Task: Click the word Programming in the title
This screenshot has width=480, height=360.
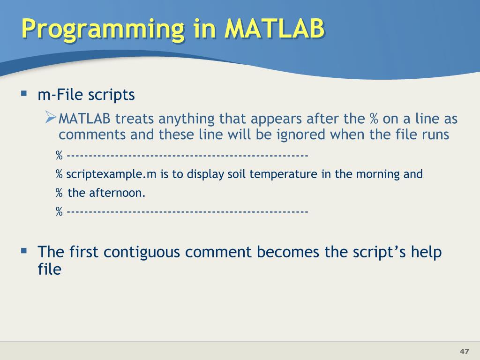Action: tap(103, 29)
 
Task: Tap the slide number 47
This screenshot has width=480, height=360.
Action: tap(464, 351)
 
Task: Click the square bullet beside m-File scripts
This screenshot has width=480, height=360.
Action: tap(24, 93)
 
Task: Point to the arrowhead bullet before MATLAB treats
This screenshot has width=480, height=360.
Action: tap(51, 117)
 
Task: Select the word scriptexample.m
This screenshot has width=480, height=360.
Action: tap(111, 174)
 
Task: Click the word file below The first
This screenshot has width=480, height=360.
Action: tap(49, 269)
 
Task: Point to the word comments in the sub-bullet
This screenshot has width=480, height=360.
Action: tap(92, 135)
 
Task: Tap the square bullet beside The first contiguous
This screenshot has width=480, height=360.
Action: tap(24, 251)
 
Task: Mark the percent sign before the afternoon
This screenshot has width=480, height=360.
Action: tap(59, 193)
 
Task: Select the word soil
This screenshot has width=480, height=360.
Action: tap(237, 174)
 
